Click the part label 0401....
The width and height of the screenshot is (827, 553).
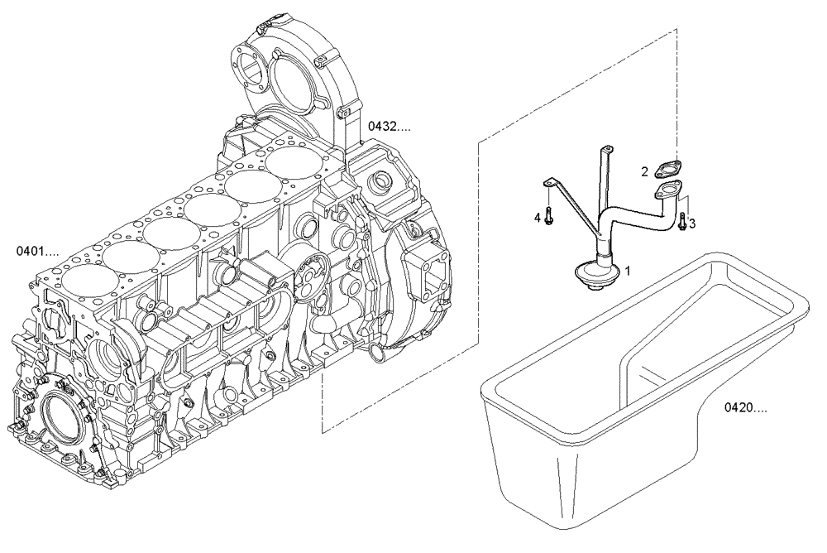tap(38, 250)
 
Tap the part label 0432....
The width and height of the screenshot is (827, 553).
tap(389, 127)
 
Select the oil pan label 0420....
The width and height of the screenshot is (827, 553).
tap(746, 407)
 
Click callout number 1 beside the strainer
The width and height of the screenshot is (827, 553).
tap(629, 270)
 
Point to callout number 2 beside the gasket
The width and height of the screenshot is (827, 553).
tap(643, 171)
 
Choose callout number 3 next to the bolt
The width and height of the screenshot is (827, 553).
tap(692, 223)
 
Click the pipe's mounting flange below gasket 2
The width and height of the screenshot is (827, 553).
tap(667, 192)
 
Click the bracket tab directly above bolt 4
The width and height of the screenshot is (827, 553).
tap(548, 183)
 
